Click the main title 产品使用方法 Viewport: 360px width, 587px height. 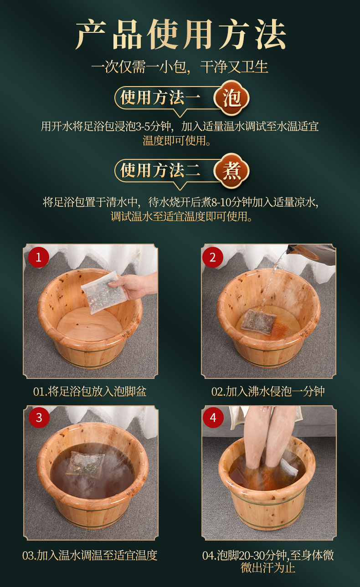(x=180, y=34)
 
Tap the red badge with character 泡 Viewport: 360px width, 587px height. (x=231, y=98)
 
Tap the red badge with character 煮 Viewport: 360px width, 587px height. (x=231, y=171)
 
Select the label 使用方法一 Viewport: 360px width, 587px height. (x=160, y=97)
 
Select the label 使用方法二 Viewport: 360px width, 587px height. (x=160, y=170)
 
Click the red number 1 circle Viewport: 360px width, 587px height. (x=39, y=257)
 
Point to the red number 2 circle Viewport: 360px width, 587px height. (x=213, y=257)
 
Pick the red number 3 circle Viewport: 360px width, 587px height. (x=39, y=418)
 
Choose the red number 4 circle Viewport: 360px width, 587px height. (x=213, y=418)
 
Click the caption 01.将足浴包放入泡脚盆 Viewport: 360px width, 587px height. (x=90, y=392)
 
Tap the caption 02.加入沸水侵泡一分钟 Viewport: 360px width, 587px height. (x=268, y=392)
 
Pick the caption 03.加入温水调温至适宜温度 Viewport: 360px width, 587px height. (x=90, y=555)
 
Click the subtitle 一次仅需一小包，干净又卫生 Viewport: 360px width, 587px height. (x=180, y=67)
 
